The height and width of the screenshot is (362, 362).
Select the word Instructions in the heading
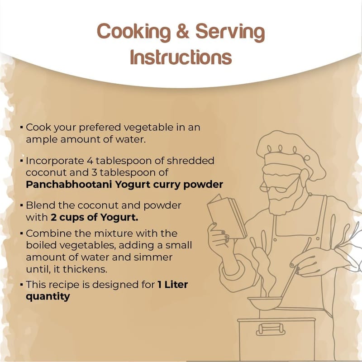coord(181,57)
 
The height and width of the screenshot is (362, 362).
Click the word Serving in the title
coord(230,33)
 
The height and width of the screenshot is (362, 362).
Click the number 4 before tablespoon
coord(90,161)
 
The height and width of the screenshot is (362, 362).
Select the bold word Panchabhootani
coord(69,185)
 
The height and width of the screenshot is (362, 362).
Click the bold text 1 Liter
coord(173,285)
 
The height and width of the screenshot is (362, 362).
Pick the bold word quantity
coord(48,297)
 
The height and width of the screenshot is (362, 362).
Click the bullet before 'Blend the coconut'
coord(21,205)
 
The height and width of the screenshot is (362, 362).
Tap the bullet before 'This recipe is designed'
coord(21,285)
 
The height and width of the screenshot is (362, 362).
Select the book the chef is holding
coord(227,217)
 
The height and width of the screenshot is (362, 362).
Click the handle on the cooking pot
coord(271,329)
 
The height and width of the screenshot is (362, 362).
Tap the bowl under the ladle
coord(266,303)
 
